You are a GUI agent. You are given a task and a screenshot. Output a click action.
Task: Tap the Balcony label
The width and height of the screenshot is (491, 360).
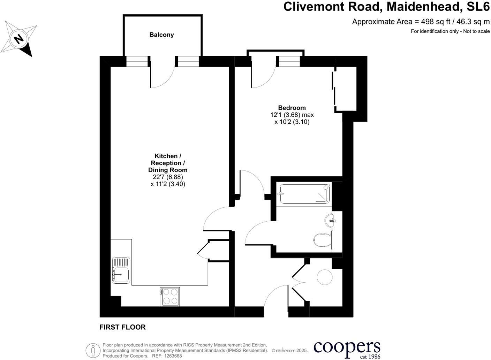(x=161, y=35)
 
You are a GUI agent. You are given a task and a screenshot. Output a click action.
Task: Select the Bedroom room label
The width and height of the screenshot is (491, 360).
(x=292, y=108)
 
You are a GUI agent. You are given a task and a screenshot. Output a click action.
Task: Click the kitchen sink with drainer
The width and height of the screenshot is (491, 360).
(x=121, y=270)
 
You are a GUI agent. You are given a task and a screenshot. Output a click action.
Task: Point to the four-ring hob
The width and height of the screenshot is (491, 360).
(x=170, y=297)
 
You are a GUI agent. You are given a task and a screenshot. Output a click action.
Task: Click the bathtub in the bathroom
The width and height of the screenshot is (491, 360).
(x=304, y=194)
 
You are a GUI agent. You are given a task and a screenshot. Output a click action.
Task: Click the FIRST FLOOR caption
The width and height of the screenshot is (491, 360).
(x=122, y=327)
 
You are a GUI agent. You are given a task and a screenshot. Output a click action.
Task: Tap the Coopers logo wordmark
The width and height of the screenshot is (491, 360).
(x=347, y=347)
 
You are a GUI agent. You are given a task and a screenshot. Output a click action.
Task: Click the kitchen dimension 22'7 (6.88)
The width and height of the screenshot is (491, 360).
(x=168, y=177)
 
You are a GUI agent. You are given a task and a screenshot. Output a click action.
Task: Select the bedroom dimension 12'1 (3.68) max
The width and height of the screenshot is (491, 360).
(x=292, y=115)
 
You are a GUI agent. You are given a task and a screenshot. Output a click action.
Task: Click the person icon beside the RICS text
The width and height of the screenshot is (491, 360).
(x=93, y=350)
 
